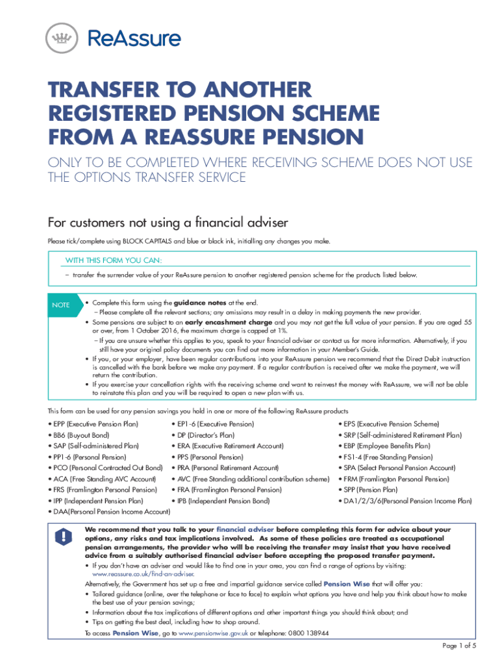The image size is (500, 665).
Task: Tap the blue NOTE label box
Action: tap(62, 305)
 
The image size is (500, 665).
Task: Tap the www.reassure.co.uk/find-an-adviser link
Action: tap(144, 575)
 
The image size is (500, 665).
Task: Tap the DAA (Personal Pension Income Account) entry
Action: tap(109, 512)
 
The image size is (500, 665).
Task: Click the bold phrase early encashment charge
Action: tap(229, 322)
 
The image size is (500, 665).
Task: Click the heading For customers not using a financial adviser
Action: tap(168, 223)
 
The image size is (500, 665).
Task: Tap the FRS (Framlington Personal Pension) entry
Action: tap(103, 490)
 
